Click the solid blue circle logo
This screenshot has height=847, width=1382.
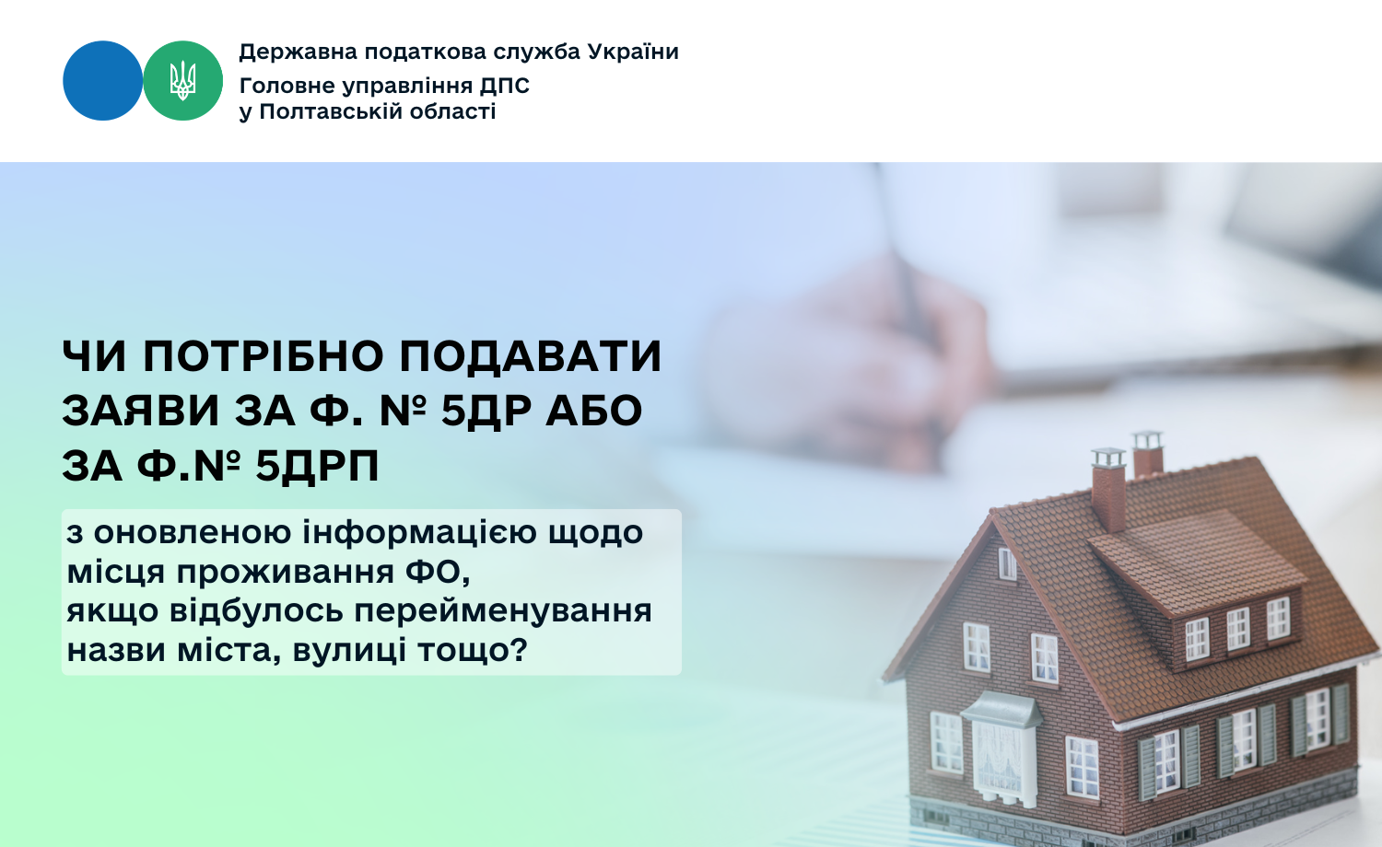(x=102, y=80)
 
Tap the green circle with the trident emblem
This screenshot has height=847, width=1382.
(x=182, y=80)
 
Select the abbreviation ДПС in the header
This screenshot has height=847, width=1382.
(x=504, y=86)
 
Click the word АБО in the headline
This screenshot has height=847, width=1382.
(x=593, y=411)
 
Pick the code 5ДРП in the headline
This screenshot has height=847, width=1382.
(x=317, y=466)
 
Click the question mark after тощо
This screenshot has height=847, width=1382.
(x=519, y=650)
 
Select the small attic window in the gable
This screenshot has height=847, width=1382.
(x=1007, y=563)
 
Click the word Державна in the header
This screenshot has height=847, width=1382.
(x=296, y=52)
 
